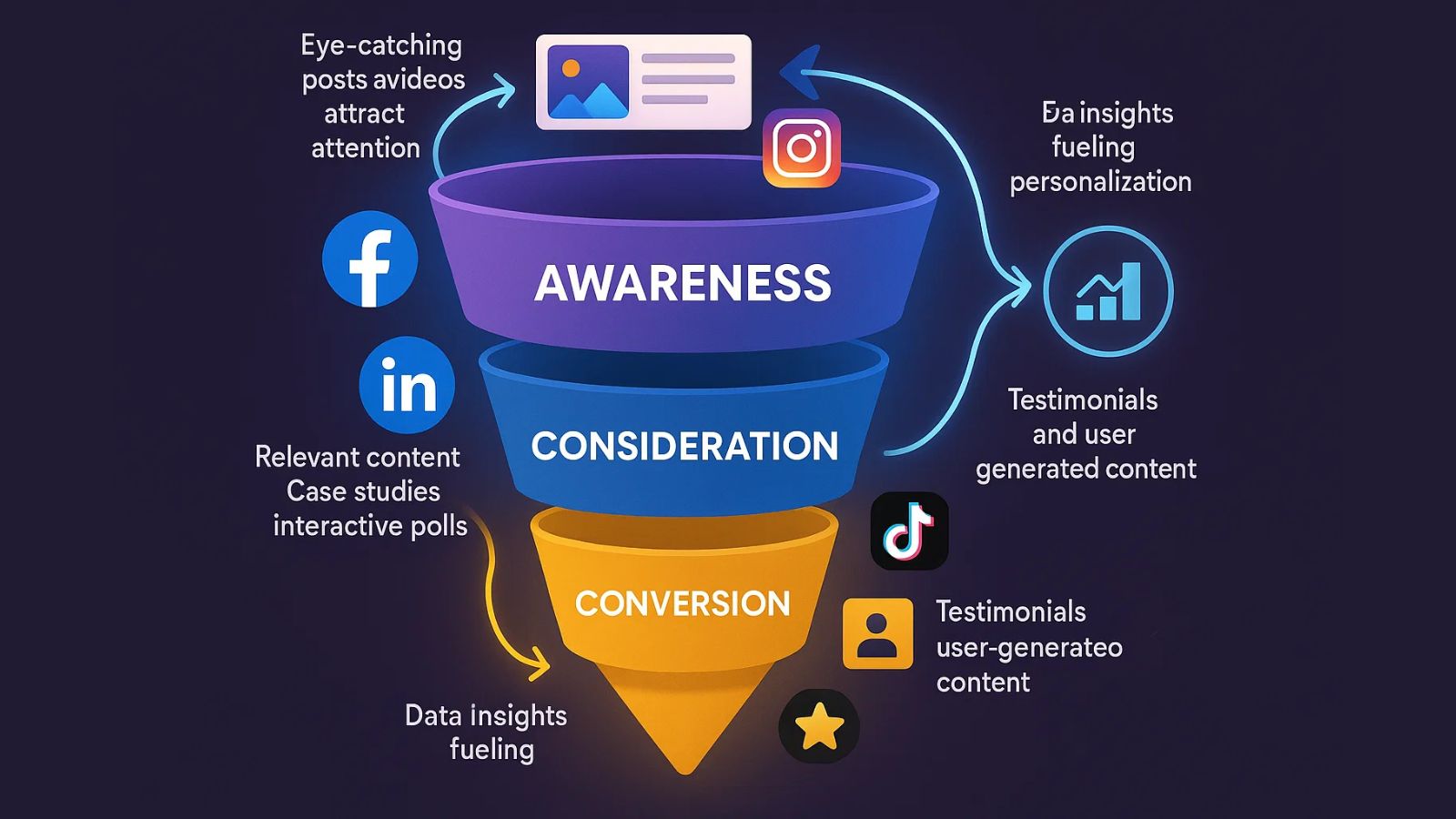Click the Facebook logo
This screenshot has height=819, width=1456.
point(369,259)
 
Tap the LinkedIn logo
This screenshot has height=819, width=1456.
point(407,385)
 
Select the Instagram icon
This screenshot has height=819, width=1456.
point(802,147)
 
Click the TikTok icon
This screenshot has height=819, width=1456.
point(909,531)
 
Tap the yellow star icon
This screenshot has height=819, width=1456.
point(819,726)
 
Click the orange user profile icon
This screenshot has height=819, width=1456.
point(877,633)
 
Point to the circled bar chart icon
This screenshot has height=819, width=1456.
point(1107,291)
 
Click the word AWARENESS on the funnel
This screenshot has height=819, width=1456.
point(682,283)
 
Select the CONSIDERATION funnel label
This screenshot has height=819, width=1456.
point(684,446)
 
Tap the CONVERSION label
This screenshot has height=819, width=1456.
point(682,603)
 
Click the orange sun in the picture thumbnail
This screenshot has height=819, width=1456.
point(571,68)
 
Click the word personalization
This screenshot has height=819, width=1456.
point(1100,182)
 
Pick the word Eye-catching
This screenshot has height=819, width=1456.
point(381,45)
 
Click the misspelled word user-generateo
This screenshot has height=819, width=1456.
point(1029,648)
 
